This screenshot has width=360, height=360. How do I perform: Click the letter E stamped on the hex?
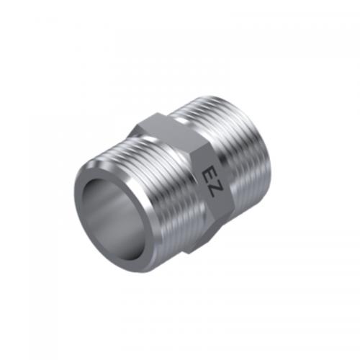(x=208, y=175)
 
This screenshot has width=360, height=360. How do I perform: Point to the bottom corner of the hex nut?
(x=189, y=253)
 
